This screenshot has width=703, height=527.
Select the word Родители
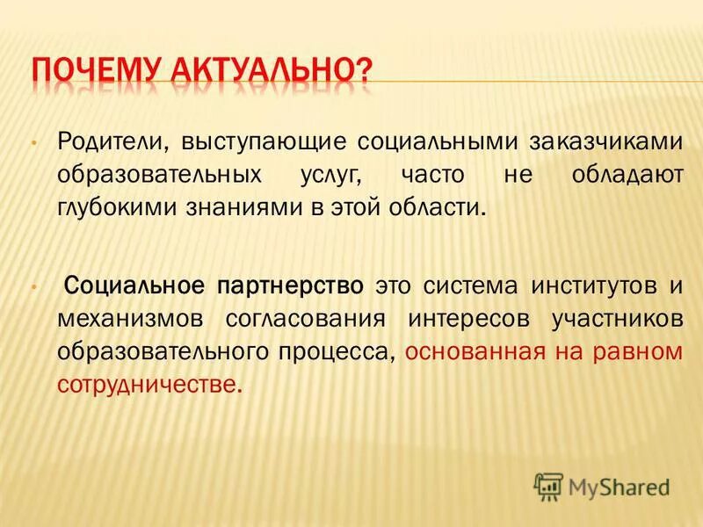click(x=111, y=141)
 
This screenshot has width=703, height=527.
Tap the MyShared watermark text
click(x=618, y=486)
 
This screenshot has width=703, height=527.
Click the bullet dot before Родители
click(x=33, y=142)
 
